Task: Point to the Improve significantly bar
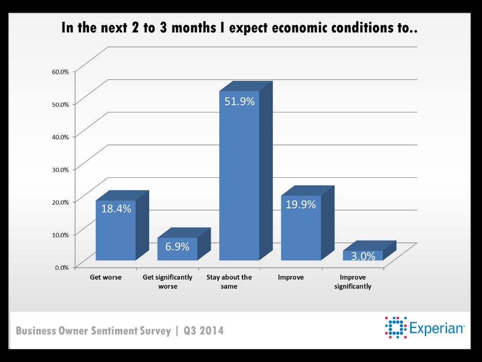[362, 255]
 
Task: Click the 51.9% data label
[239, 101]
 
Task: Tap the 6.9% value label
[177, 246]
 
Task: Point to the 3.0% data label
[363, 256]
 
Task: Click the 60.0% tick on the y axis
[60, 72]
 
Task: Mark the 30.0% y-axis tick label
[60, 169]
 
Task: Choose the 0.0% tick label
[62, 267]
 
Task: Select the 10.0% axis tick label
[60, 234]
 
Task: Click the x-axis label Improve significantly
[353, 281]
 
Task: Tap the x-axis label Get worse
[106, 277]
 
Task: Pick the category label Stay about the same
[229, 281]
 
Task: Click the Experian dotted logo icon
[395, 328]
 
